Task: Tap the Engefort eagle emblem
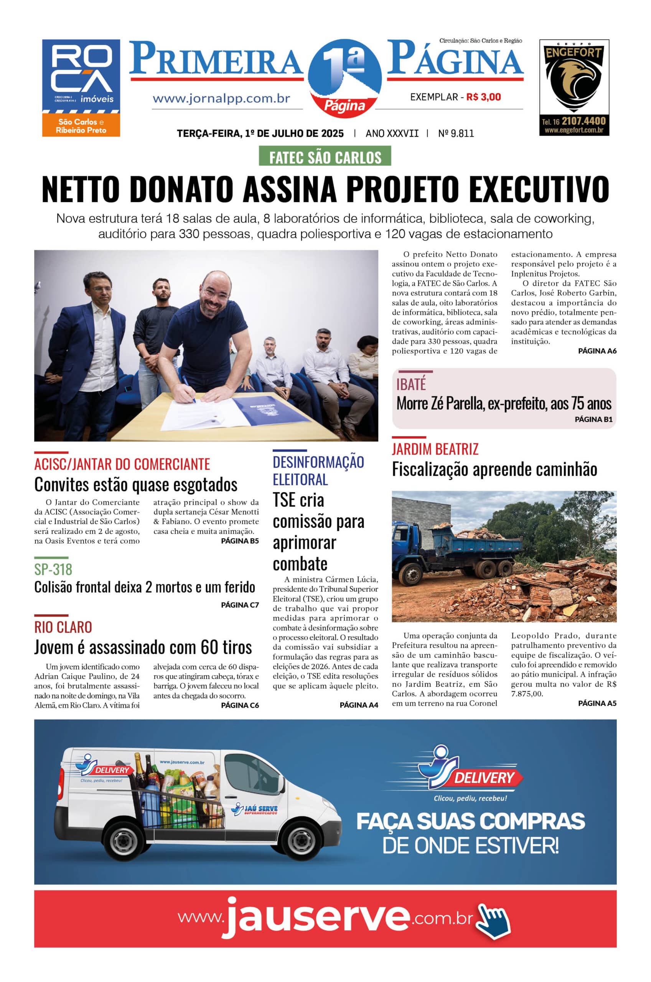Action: [574, 82]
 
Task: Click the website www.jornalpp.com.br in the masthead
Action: [221, 99]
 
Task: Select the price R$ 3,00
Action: [483, 97]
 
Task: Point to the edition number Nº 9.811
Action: [456, 133]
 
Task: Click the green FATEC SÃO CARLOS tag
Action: [325, 157]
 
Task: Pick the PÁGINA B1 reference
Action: [593, 420]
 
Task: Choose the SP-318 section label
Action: [53, 569]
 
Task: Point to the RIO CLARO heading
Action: [63, 627]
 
